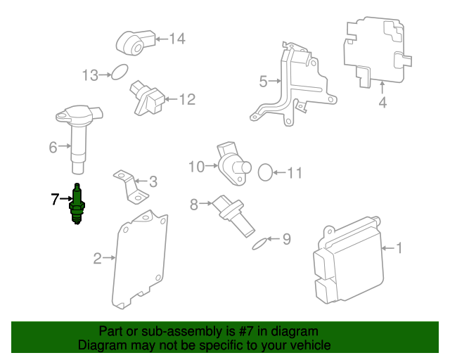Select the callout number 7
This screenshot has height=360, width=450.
pyautogui.click(x=55, y=200)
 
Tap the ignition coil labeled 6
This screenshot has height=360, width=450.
pyautogui.click(x=79, y=137)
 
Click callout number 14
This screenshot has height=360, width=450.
pyautogui.click(x=176, y=39)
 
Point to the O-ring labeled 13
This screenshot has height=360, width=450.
pyautogui.click(x=120, y=71)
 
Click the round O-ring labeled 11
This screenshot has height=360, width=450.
pyautogui.click(x=265, y=172)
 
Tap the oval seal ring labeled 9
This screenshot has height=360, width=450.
pyautogui.click(x=259, y=243)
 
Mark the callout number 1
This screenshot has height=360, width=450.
pyautogui.click(x=399, y=248)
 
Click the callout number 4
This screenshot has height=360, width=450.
pyautogui.click(x=382, y=103)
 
